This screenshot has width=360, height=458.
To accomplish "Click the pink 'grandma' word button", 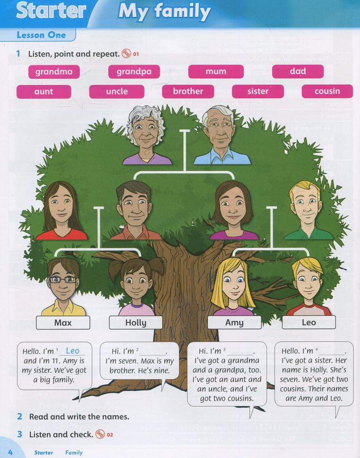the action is (x=54, y=72).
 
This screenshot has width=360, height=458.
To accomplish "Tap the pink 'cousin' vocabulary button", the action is (x=327, y=92).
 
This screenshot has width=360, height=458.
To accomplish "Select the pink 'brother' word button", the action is (x=188, y=92).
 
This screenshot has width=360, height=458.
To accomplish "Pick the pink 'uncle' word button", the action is (x=117, y=92).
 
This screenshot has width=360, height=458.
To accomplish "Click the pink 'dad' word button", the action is (x=298, y=72).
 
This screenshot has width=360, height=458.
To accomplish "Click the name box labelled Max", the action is (x=63, y=323).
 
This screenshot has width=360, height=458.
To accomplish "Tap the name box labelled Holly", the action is (x=136, y=323).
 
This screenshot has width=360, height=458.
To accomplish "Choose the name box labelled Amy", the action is (x=234, y=322).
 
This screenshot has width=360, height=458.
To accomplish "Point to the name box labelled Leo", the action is (x=309, y=322).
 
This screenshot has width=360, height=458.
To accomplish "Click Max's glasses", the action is (x=62, y=280).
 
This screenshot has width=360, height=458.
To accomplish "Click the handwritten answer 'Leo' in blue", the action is (x=72, y=350).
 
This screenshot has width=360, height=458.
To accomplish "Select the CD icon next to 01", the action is (x=126, y=53).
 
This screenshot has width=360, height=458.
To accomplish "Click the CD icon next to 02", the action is (x=100, y=434).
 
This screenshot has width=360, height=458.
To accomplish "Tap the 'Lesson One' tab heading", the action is (x=41, y=35).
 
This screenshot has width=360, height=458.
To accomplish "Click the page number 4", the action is (x=10, y=452).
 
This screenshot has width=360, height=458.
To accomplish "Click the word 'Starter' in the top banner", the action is (x=51, y=10).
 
